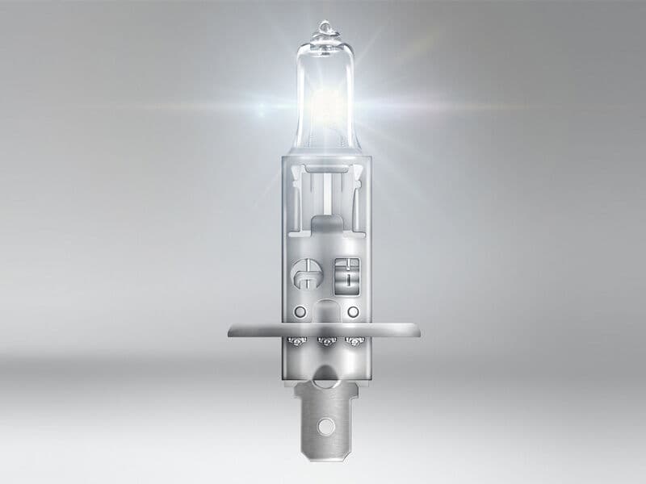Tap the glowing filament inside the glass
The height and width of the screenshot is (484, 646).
pyautogui.click(x=327, y=103)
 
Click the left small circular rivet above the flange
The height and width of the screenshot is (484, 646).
pyautogui.click(x=300, y=311)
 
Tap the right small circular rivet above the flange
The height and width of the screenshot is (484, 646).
pyautogui.click(x=352, y=311)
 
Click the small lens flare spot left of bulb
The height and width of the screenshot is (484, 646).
pyautogui.click(x=261, y=106)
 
